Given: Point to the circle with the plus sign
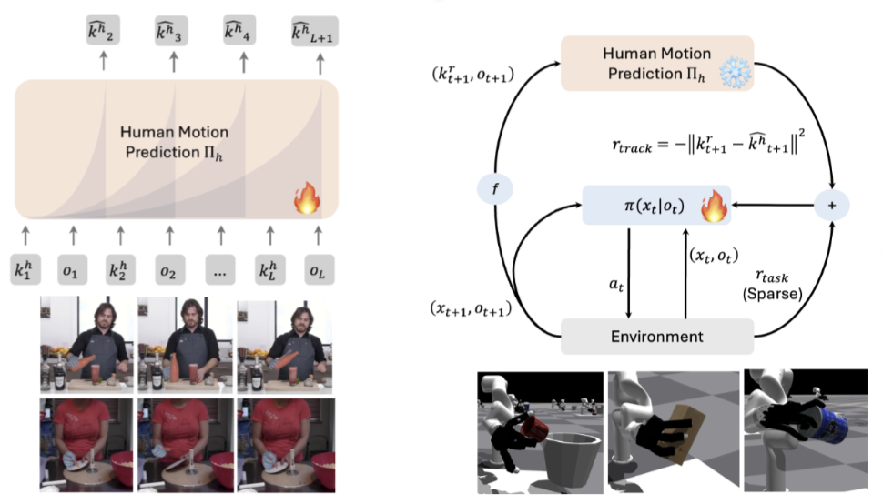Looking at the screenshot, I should pos(830,206).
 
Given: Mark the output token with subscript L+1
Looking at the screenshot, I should pos(314,31).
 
